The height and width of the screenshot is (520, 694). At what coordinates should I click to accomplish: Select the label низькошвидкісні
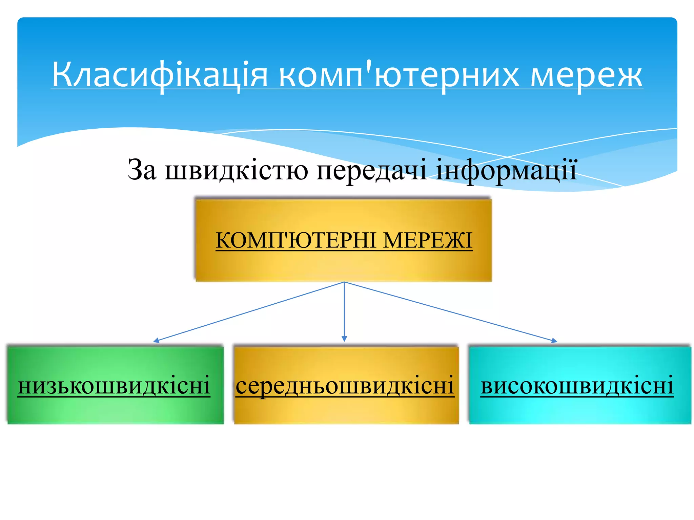point(114,386)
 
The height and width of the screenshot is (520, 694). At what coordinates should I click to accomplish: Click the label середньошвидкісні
point(345,386)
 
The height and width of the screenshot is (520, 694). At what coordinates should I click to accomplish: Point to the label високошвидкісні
point(577,386)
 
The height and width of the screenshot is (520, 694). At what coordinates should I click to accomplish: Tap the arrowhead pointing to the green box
point(156,341)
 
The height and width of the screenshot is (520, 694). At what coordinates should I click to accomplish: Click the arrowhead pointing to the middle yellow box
point(344,339)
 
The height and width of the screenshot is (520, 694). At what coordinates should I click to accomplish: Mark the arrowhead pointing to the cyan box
point(554,341)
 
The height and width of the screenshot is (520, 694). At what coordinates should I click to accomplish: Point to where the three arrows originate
point(344,282)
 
